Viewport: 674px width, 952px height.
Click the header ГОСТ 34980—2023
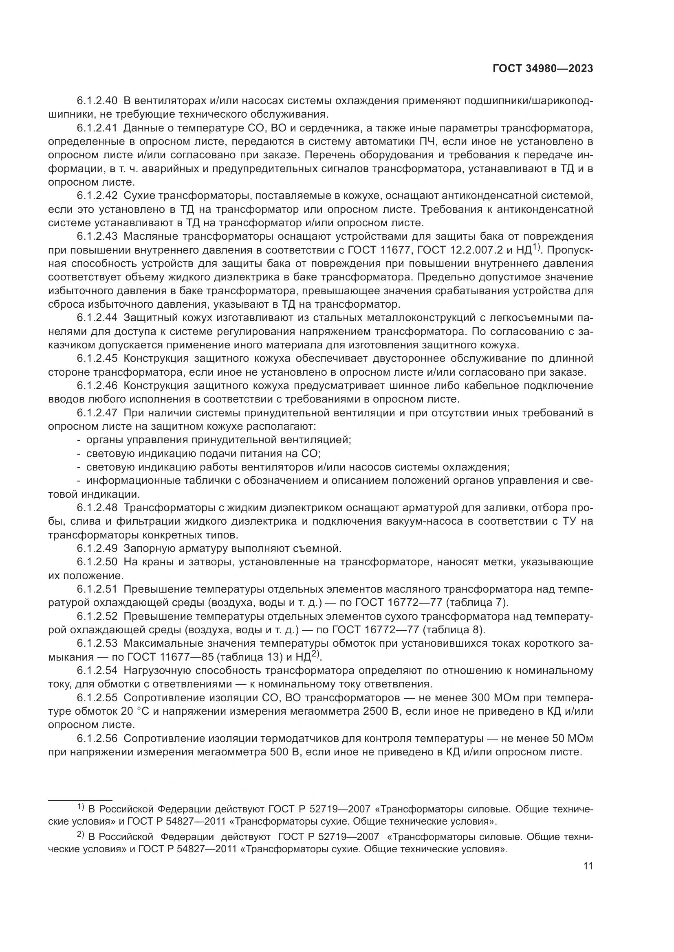[543, 69]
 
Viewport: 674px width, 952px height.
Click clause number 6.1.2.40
[97, 101]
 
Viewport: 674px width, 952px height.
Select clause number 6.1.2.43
[97, 237]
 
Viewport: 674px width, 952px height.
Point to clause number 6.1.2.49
[97, 549]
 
